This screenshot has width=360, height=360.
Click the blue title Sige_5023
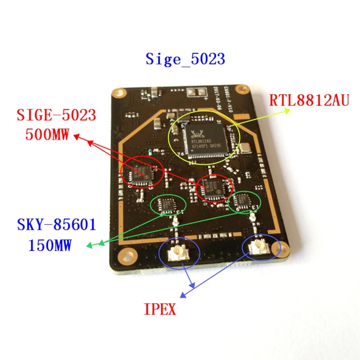185,59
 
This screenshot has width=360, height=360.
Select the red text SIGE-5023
57,116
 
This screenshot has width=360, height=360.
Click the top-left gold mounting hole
119,92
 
